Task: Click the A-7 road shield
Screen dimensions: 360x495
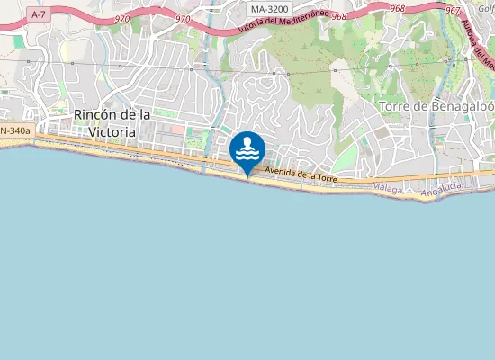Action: (x=38, y=14)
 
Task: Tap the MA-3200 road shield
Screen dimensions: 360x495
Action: (x=269, y=9)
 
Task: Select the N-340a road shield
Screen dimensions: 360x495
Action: (x=15, y=131)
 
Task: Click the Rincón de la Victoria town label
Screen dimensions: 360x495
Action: (x=112, y=123)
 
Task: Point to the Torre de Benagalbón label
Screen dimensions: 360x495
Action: (x=437, y=107)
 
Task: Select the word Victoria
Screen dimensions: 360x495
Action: (x=112, y=131)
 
